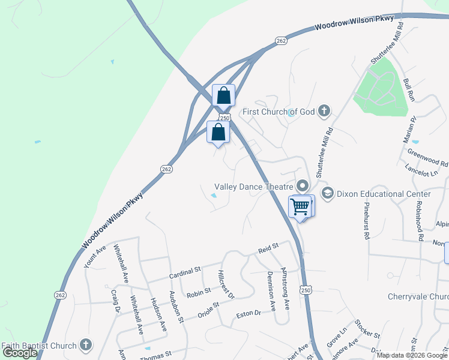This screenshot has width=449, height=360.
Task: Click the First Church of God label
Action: click(x=278, y=112)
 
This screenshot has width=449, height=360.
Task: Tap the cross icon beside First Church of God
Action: click(x=324, y=110)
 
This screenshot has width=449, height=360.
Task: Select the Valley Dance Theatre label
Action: click(x=255, y=187)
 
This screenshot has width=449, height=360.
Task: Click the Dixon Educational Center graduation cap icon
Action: click(x=327, y=193)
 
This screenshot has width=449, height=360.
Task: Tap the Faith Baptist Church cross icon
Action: click(x=86, y=345)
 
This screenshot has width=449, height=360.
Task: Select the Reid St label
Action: click(x=268, y=246)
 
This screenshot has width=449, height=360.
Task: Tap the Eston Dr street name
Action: click(x=249, y=313)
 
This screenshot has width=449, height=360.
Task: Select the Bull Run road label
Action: click(x=409, y=89)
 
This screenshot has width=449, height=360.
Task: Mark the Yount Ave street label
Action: click(x=95, y=256)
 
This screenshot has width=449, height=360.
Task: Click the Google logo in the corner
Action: click(x=20, y=353)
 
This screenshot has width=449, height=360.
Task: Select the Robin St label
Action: click(x=199, y=292)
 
